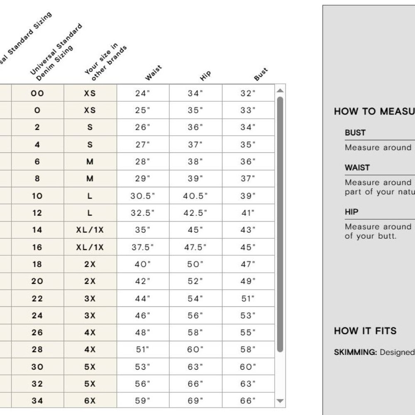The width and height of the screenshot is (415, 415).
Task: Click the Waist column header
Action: (x=153, y=73)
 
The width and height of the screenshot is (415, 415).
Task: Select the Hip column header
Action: (x=205, y=75)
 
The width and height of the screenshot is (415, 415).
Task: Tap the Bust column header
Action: (x=261, y=74)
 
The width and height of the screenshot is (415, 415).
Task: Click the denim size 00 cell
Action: (x=37, y=93)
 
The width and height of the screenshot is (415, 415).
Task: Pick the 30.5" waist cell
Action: (x=142, y=196)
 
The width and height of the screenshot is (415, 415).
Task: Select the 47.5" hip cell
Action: (x=195, y=247)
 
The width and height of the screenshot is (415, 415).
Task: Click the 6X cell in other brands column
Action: (x=90, y=401)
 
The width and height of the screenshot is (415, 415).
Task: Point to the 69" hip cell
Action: (x=195, y=401)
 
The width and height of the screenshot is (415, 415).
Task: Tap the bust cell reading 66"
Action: (x=248, y=401)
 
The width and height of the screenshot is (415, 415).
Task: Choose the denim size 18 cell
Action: (x=37, y=264)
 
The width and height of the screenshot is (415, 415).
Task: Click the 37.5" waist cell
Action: (x=142, y=247)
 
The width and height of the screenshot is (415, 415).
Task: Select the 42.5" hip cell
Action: (x=195, y=213)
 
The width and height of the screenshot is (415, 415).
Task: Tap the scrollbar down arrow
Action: (x=280, y=401)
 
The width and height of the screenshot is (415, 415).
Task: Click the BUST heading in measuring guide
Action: (x=355, y=133)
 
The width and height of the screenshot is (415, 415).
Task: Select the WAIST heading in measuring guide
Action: (x=357, y=168)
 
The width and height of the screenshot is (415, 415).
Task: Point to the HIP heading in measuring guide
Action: (x=352, y=212)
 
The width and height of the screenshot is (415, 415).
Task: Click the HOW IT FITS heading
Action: (x=365, y=331)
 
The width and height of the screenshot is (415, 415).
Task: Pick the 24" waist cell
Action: (x=142, y=93)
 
